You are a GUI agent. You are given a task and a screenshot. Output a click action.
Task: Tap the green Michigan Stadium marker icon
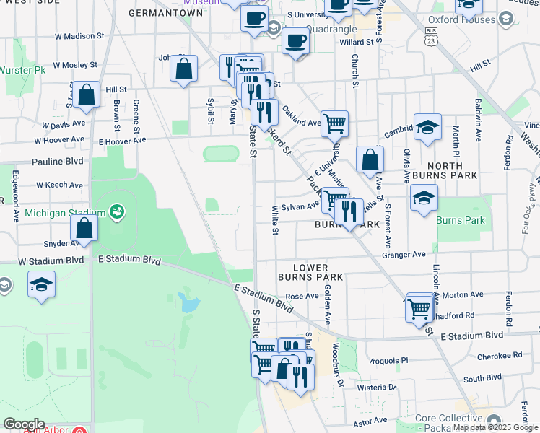pyautogui.click(x=116, y=212)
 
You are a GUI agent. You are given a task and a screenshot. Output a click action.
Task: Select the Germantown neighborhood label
pyautogui.click(x=165, y=12)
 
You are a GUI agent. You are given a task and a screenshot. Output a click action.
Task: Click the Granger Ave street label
pyautogui.click(x=404, y=254)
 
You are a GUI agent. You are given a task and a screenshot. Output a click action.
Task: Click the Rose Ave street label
pyautogui.click(x=302, y=296)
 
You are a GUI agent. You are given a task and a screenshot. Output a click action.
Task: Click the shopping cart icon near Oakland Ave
pyautogui.click(x=334, y=123)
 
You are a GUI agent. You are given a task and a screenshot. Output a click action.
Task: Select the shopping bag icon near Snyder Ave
pyautogui.click(x=84, y=228)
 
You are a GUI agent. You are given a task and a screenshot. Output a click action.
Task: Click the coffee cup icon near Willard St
pyautogui.click(x=295, y=40)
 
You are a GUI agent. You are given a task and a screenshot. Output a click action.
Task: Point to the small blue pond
pyautogui.click(x=189, y=303)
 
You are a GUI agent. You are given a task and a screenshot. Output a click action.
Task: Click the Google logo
pyautogui.click(x=24, y=424)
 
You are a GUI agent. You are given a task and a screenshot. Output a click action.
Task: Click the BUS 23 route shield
pyautogui.click(x=430, y=38)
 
